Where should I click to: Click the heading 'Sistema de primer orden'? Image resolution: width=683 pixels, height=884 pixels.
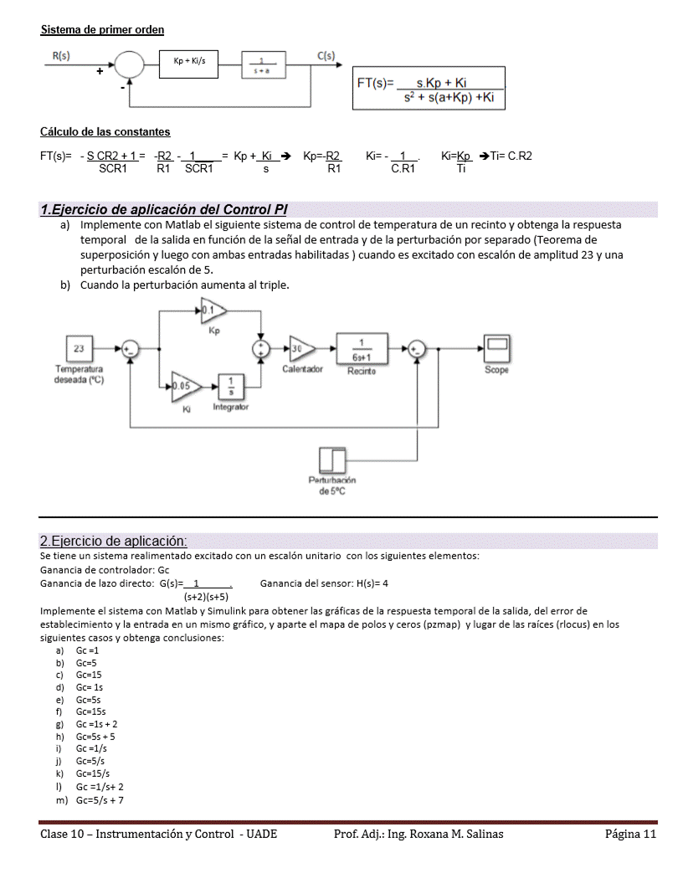pyautogui.click(x=102, y=30)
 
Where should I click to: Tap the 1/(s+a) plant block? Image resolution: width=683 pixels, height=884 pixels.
pyautogui.click(x=263, y=64)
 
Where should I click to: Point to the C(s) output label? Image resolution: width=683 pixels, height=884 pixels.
pyautogui.click(x=326, y=56)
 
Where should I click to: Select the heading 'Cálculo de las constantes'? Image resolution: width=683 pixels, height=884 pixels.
pyautogui.click(x=105, y=131)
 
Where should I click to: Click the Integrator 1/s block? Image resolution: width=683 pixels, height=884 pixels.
pyautogui.click(x=231, y=386)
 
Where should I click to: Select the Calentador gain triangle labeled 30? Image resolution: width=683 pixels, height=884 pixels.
pyautogui.click(x=302, y=349)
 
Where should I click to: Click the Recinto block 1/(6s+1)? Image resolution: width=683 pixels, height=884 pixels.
pyautogui.click(x=361, y=349)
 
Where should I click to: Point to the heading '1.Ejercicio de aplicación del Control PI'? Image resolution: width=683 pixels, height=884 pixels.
pyautogui.click(x=164, y=209)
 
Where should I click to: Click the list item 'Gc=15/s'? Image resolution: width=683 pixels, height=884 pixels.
pyautogui.click(x=92, y=773)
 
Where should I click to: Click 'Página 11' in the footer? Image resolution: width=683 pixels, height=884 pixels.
pyautogui.click(x=630, y=834)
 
